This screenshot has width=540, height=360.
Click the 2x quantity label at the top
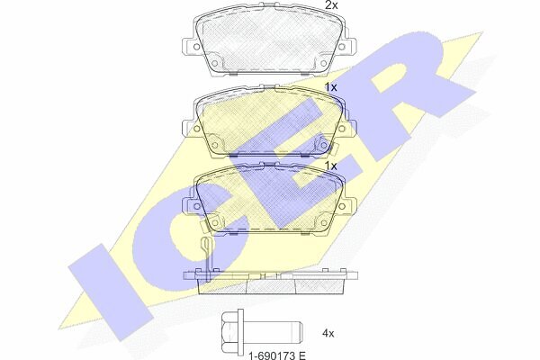(x=332, y=4)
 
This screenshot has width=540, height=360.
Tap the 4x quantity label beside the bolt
(x=328, y=334)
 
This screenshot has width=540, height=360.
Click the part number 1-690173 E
(x=277, y=355)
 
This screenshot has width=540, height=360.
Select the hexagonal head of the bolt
(x=229, y=331)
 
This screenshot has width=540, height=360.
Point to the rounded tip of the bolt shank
(x=299, y=331)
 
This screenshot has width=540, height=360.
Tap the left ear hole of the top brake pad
(x=196, y=47)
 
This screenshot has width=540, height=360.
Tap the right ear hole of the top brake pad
(x=342, y=47)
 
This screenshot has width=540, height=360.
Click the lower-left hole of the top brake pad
(x=214, y=63)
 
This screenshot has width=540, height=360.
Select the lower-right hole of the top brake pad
(x=323, y=63)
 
